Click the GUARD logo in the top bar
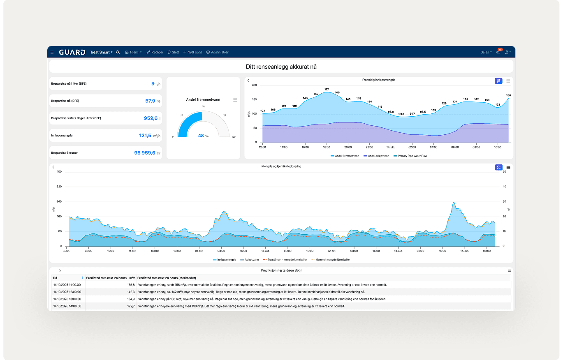pyautogui.click(x=72, y=52)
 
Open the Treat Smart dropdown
pyautogui.click(x=101, y=52)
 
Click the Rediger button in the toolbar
pyautogui.click(x=155, y=52)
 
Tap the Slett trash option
pyautogui.click(x=173, y=52)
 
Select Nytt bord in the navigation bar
pyautogui.click(x=192, y=52)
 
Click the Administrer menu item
pyautogui.click(x=218, y=52)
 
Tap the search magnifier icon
pyautogui.click(x=118, y=52)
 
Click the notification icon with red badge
pyautogui.click(x=499, y=51)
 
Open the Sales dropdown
pyautogui.click(x=486, y=52)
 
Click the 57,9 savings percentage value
pyautogui.click(x=150, y=101)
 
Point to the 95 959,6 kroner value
pyautogui.click(x=144, y=153)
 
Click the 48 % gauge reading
pyautogui.click(x=203, y=136)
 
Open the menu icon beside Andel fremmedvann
pyautogui.click(x=235, y=100)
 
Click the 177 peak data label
pyautogui.click(x=327, y=89)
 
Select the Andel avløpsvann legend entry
pyautogui.click(x=376, y=156)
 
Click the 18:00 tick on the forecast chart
pyautogui.click(x=327, y=147)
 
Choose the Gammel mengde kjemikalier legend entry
pyautogui.click(x=331, y=260)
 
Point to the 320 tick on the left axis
pyautogui.click(x=59, y=187)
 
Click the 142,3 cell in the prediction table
pyautogui.click(x=131, y=292)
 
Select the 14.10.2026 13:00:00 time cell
pyautogui.click(x=67, y=299)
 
